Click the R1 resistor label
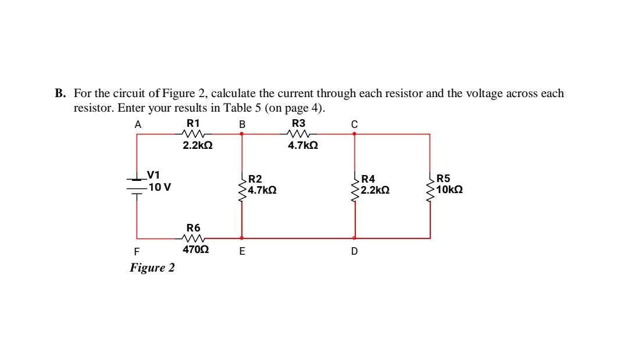pos(193,123)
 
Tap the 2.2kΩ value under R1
pos(198,147)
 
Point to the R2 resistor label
pos(255,179)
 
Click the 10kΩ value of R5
pos(449,190)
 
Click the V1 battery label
pos(154,174)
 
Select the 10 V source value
pos(159,187)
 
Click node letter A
pos(138,124)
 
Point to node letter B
pos(242,124)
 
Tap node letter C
pos(354,124)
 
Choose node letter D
pos(354,252)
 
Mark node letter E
pos(242,252)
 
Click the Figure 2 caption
pos(152,268)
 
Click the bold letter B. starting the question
pos(60,94)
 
